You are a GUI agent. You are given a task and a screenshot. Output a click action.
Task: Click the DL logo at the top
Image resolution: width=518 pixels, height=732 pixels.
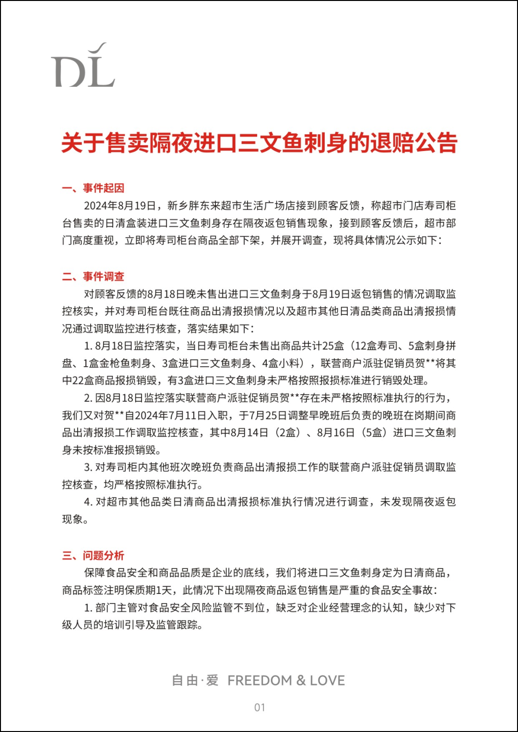[x=83, y=66]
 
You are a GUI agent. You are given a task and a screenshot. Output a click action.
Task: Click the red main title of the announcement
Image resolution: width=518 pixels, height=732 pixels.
[x=259, y=143]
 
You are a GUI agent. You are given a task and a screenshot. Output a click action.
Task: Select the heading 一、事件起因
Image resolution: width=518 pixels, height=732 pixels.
[x=93, y=188]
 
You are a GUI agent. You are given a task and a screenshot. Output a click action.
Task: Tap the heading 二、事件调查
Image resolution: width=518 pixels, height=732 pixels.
[x=93, y=276]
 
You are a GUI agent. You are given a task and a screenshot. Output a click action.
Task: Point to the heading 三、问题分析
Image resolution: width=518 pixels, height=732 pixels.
[x=93, y=555]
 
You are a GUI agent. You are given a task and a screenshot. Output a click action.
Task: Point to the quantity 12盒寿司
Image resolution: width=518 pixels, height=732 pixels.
[x=377, y=346]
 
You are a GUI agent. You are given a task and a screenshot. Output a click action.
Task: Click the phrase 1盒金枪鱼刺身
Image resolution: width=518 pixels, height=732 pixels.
[x=117, y=363]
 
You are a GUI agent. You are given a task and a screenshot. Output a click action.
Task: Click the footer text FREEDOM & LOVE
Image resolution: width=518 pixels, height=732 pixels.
[x=286, y=680]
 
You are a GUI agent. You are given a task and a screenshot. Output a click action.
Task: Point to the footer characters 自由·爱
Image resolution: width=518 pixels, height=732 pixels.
[x=195, y=680]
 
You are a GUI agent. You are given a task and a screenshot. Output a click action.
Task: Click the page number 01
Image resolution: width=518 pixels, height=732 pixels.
[x=259, y=707]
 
